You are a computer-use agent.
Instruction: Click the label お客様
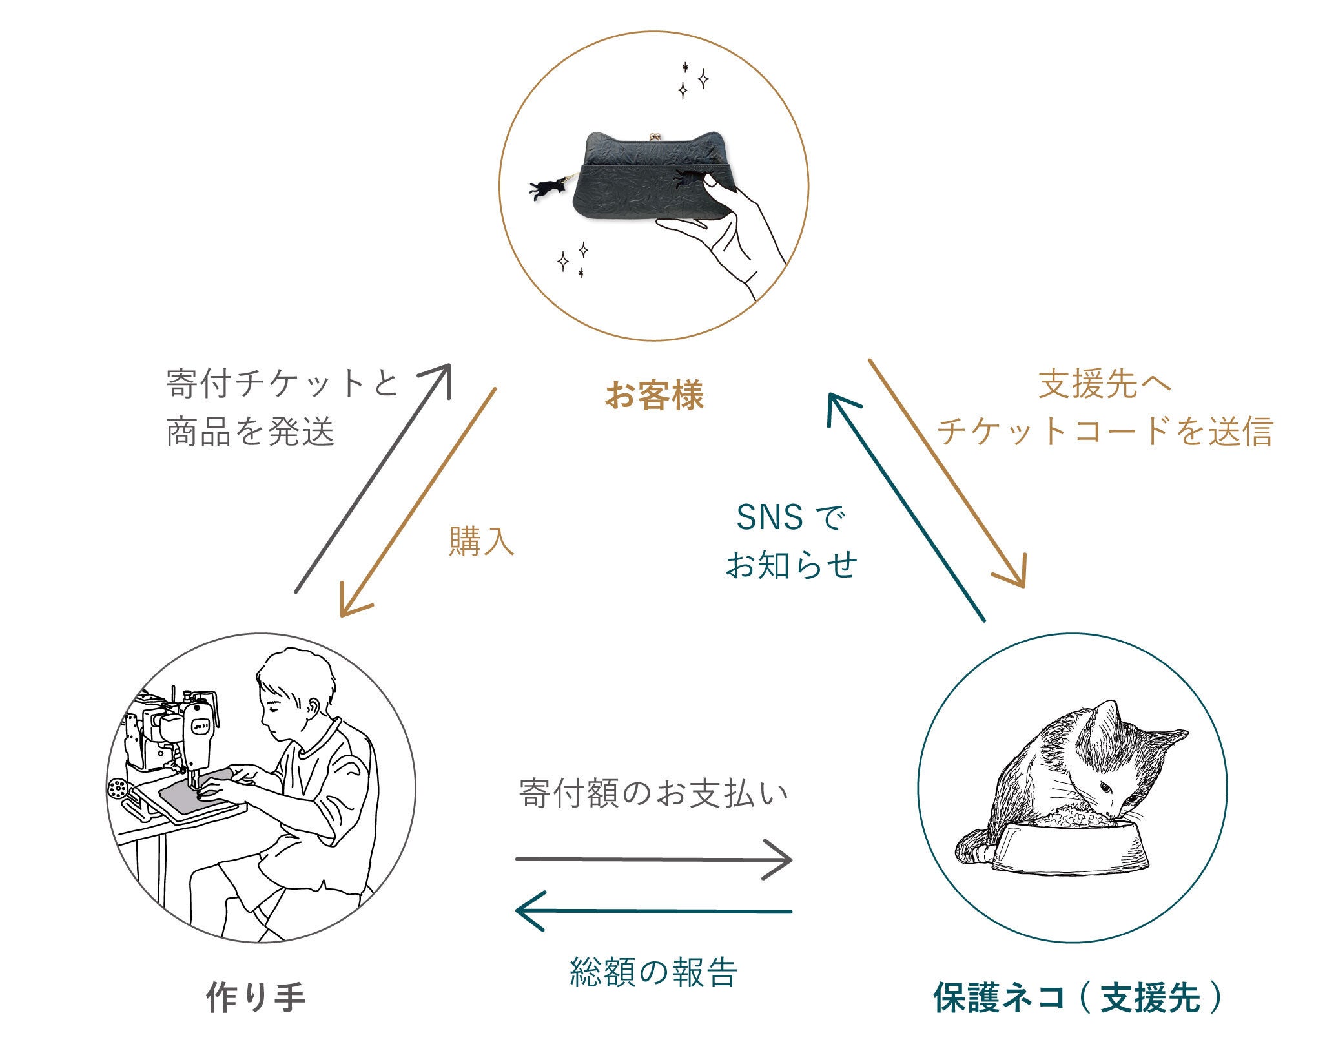pos(654,395)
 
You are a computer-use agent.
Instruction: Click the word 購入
pos(481,541)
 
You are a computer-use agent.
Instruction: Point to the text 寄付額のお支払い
pos(653,794)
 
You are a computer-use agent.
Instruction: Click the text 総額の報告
pos(653,972)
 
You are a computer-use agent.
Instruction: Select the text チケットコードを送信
pos(1105,431)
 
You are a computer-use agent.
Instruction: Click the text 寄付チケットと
pos(282,384)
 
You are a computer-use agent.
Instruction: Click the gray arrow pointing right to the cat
pos(653,859)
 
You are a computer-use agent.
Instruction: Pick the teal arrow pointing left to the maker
pos(653,911)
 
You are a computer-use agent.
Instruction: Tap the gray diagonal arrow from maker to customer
pos(373,478)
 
